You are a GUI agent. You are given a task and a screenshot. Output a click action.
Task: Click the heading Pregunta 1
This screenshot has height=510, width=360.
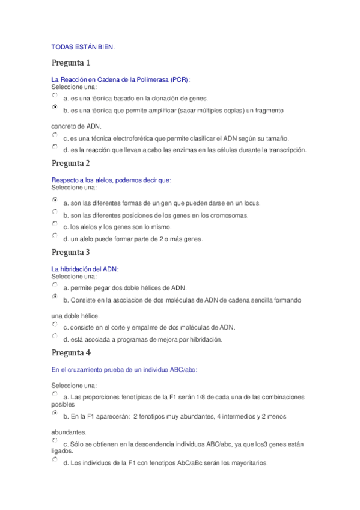point(70,63)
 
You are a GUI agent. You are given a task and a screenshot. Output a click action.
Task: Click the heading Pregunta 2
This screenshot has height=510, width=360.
point(70,163)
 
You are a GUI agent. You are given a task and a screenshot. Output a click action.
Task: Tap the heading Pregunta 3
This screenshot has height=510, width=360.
point(70,252)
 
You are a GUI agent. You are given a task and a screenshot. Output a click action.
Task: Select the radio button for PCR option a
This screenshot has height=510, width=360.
point(55,95)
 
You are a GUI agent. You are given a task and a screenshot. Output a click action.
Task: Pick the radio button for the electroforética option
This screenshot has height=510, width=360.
point(55,135)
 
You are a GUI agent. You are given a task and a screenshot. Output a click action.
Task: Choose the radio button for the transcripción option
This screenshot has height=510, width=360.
point(55,147)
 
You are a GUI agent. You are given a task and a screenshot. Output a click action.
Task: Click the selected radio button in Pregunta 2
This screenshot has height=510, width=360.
point(55,199)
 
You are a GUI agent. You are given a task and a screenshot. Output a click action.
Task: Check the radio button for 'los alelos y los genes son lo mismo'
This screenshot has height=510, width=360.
point(55,223)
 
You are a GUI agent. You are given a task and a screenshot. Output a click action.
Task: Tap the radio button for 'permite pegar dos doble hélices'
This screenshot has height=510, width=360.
point(55,284)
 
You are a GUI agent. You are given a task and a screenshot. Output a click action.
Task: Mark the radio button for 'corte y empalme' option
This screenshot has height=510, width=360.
point(55,324)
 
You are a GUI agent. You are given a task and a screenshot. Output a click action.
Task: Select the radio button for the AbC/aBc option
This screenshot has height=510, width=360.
point(55,459)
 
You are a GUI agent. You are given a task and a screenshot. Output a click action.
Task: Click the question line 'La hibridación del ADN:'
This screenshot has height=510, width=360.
point(85,269)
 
